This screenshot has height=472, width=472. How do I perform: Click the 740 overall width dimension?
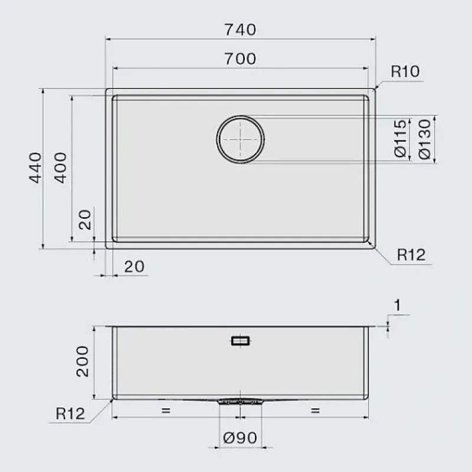point(240,29)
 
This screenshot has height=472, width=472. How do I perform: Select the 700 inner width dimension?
point(240,58)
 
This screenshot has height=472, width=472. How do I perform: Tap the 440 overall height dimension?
point(35,168)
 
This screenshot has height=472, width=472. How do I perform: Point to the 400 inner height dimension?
point(60,168)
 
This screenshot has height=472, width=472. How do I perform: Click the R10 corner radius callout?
point(405,71)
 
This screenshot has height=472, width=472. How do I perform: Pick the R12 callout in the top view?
point(411,255)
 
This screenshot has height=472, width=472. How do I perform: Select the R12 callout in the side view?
point(70,414)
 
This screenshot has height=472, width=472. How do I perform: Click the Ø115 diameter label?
point(401,139)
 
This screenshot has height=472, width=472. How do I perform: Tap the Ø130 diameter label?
point(425,139)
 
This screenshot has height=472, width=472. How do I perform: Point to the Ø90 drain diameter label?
point(240,438)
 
